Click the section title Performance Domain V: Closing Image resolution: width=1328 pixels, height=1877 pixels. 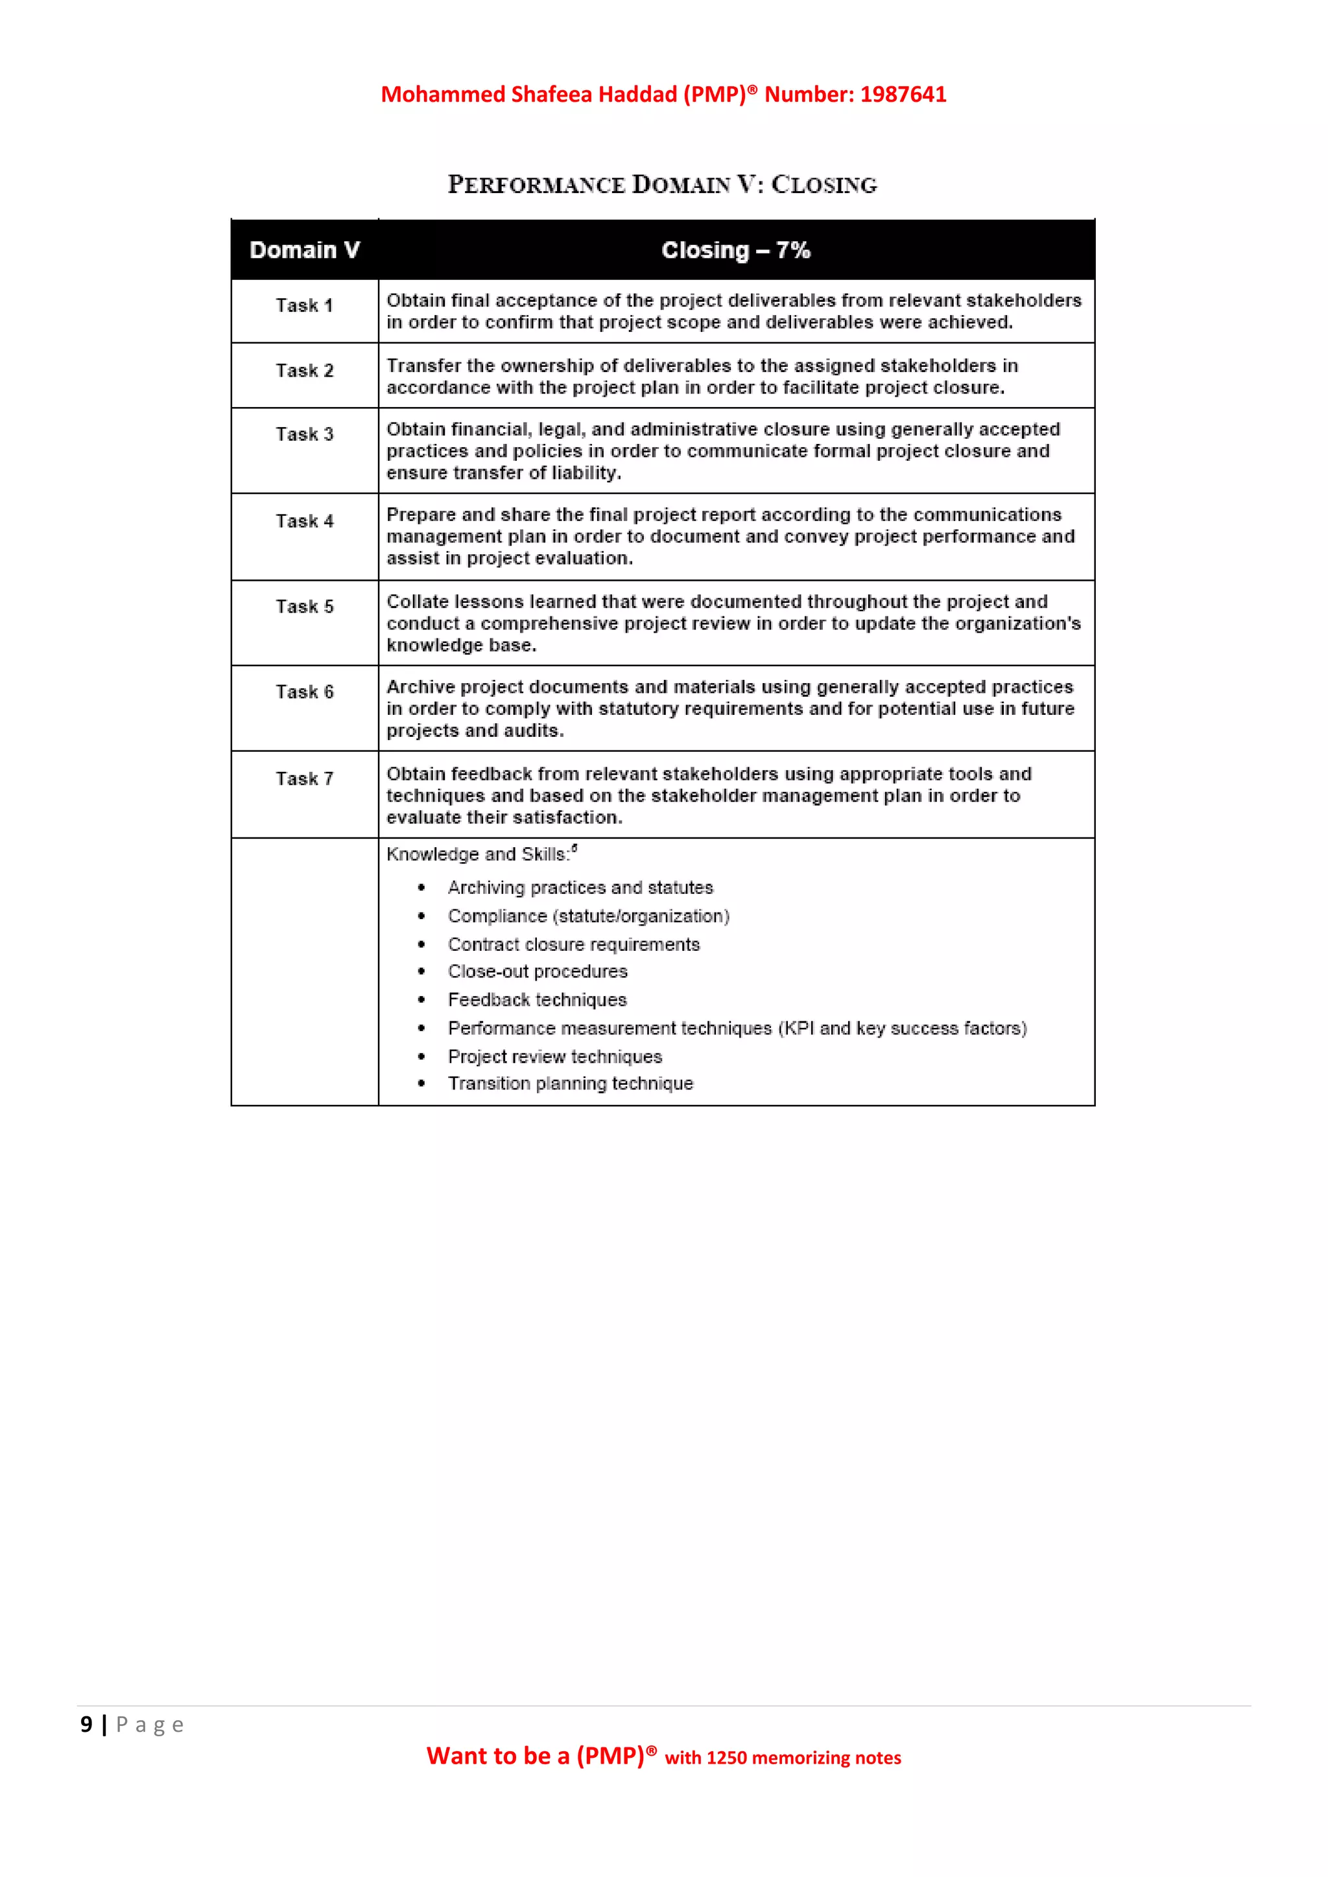(x=662, y=185)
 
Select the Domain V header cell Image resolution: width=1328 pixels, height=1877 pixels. (x=304, y=250)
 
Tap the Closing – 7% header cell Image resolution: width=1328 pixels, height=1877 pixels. (x=735, y=250)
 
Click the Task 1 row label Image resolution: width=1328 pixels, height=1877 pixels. (x=304, y=306)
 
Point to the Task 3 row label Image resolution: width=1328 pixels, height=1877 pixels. (x=304, y=435)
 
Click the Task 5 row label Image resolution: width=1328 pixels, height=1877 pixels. (x=304, y=607)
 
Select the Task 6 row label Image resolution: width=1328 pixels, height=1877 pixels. (x=304, y=692)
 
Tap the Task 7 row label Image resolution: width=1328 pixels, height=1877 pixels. (x=304, y=779)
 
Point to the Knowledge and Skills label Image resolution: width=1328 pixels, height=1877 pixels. (x=479, y=855)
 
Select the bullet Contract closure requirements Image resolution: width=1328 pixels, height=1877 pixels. (x=573, y=945)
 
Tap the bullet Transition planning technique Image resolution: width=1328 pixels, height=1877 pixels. (x=570, y=1084)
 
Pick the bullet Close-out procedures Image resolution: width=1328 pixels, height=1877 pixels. (x=538, y=972)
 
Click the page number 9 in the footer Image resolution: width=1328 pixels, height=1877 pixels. (x=86, y=1725)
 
